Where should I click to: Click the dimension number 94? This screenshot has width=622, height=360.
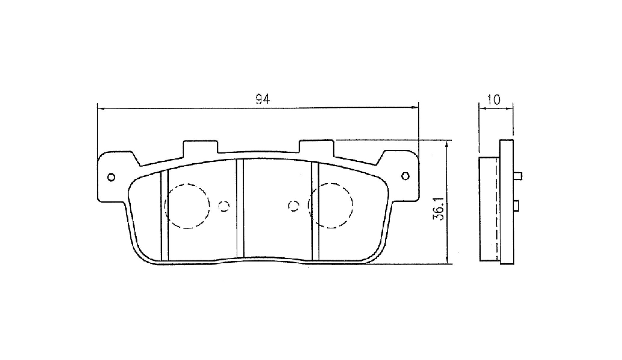(x=263, y=99)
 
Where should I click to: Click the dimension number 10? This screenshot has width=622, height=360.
(x=494, y=100)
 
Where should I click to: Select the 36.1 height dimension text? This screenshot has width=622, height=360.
(x=440, y=209)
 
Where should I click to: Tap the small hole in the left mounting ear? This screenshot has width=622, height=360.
(x=111, y=177)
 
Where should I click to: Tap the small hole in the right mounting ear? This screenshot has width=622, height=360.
(x=405, y=176)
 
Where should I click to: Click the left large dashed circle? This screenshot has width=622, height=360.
(x=187, y=184)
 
